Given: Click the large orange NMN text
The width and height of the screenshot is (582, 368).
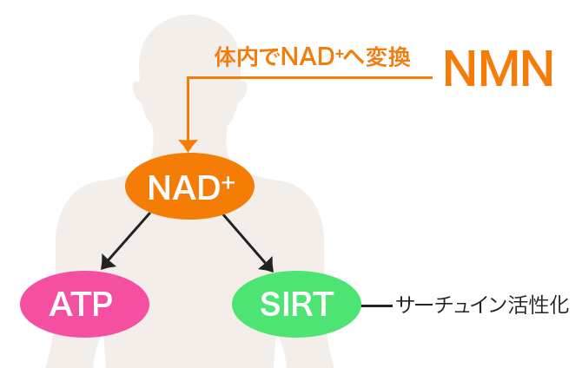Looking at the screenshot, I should [498, 69].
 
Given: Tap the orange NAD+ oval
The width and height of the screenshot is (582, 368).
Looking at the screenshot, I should [190, 185].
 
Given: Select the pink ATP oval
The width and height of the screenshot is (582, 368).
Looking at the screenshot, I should [85, 304].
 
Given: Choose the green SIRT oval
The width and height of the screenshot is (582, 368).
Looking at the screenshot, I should [296, 304].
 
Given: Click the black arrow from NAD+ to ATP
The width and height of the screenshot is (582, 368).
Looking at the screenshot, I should [128, 240].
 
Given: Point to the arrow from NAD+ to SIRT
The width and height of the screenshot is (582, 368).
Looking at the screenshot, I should [248, 240].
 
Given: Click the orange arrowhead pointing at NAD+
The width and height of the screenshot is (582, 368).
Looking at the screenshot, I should [188, 145].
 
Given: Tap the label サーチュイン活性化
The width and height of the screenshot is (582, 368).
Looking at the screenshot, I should [482, 305].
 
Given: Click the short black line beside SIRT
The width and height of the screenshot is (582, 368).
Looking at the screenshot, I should [376, 306].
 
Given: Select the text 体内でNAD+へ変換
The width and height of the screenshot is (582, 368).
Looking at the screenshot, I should [313, 58].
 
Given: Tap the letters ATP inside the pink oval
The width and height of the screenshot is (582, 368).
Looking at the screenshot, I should [84, 304].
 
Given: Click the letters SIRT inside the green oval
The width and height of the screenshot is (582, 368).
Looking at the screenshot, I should [296, 304].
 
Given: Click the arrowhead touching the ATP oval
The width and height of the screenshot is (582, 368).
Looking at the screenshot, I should [107, 263].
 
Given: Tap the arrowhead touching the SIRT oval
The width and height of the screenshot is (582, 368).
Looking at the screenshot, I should [268, 263].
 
